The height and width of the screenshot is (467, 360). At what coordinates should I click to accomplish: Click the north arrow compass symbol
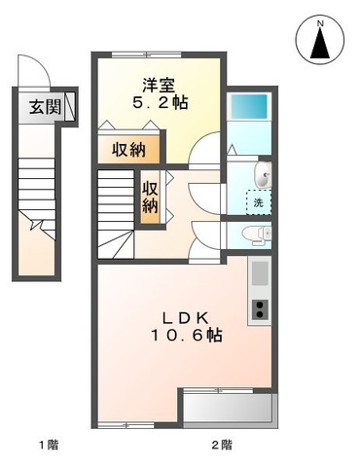(x=321, y=42)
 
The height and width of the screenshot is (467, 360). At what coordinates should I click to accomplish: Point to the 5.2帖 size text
(x=159, y=102)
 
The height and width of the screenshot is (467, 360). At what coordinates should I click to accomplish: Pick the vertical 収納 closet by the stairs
(x=151, y=197)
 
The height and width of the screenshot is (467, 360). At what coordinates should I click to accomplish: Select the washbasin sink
(x=263, y=175)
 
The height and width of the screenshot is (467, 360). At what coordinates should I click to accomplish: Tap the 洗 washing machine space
(x=259, y=202)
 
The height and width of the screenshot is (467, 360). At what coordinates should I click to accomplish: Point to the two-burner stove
(x=260, y=310)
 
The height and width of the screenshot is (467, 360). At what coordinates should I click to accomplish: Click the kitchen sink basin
(x=259, y=275)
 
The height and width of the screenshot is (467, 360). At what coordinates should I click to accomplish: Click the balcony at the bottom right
(x=227, y=407)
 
